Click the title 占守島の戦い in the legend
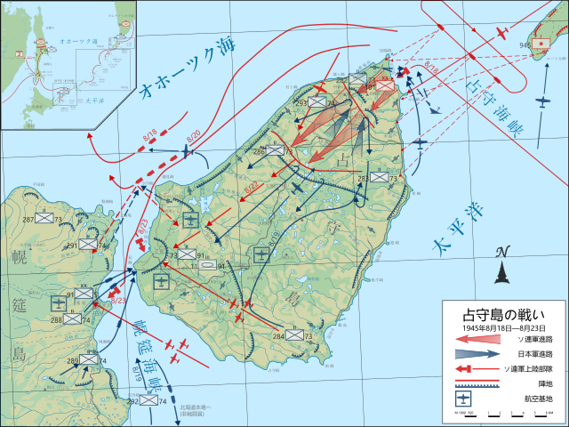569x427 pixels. (x=504, y=314)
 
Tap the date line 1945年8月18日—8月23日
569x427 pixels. (x=504, y=328)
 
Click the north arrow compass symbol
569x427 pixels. (x=502, y=266)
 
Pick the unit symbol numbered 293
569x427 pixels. (x=317, y=103)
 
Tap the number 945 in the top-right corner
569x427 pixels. (x=525, y=44)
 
